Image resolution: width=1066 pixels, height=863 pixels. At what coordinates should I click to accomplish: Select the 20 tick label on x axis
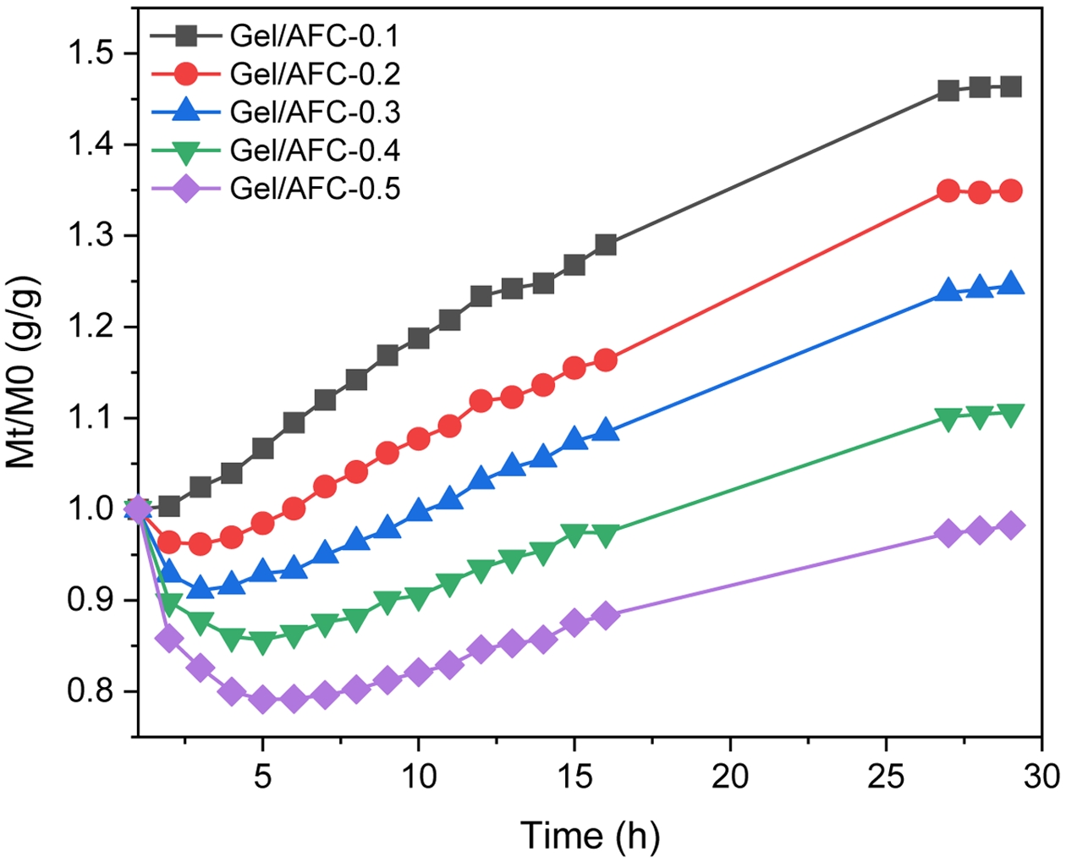point(730,775)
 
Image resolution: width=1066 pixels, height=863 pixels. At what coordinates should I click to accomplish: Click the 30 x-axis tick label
point(1041,775)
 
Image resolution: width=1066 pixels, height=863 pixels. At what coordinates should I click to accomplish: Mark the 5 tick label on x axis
point(263,775)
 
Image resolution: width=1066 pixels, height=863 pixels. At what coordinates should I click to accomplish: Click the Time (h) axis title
point(590,835)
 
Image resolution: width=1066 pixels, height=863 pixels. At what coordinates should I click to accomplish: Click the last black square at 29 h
point(1010,86)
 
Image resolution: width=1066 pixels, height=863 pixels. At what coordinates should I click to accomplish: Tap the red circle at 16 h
point(606,360)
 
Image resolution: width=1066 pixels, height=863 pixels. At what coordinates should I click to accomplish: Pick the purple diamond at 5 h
point(263,700)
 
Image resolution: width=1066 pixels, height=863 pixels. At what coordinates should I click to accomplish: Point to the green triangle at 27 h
point(948,418)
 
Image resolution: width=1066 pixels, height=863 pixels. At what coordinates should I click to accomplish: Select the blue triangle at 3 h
point(201,586)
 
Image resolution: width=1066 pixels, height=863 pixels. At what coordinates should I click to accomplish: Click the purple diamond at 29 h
point(1010,525)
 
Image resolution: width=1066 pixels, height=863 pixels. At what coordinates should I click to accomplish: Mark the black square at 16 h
point(606,245)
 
